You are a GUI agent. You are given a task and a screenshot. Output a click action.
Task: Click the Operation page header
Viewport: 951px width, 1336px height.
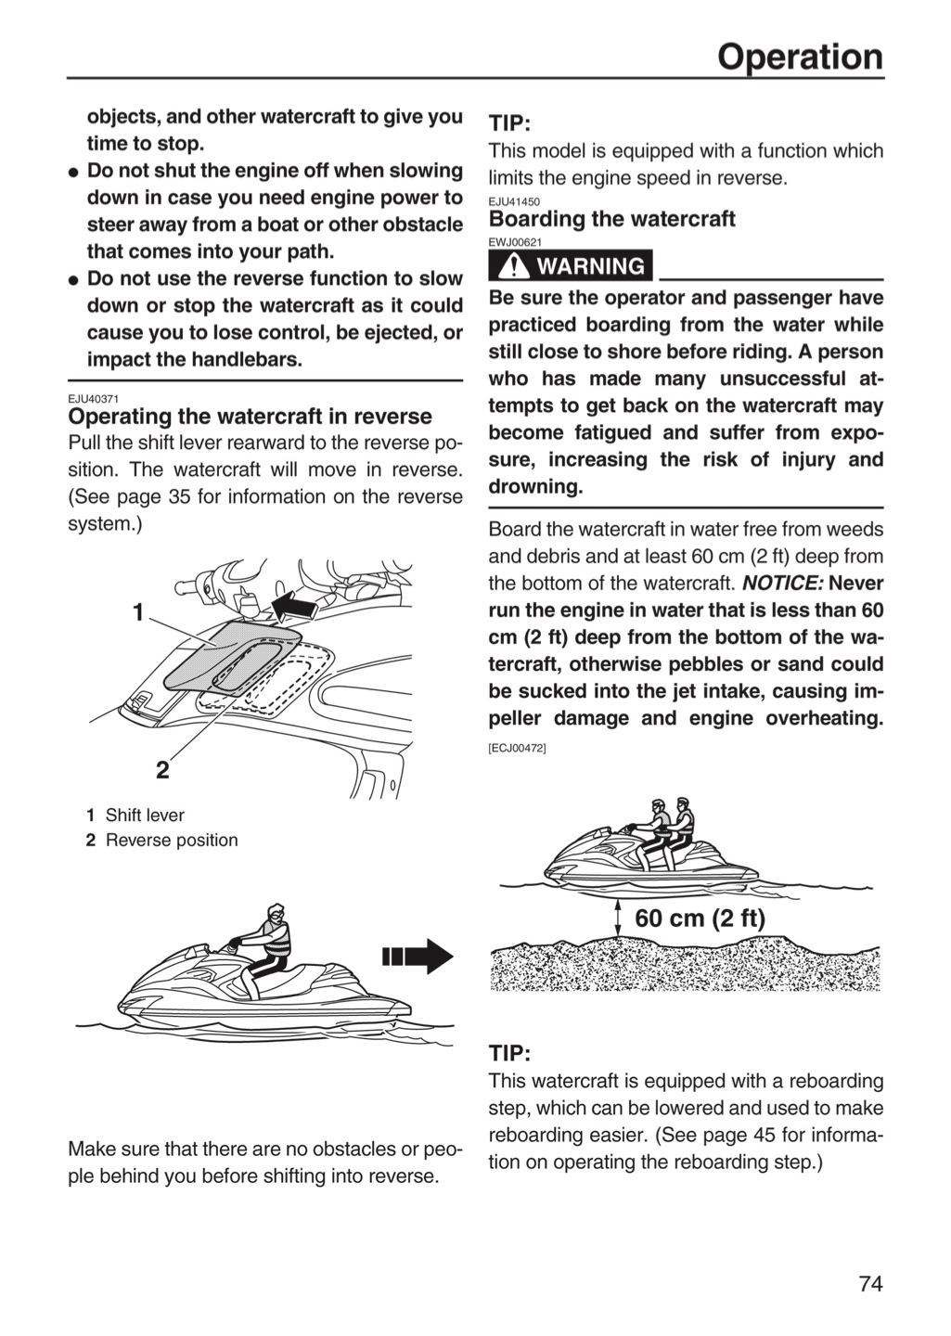coord(800,58)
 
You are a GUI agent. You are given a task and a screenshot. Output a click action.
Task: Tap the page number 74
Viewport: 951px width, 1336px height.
coord(871,1283)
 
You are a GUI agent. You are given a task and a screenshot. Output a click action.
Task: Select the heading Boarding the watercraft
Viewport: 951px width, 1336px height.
coord(611,219)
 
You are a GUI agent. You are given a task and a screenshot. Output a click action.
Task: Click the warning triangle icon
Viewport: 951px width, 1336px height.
coord(510,265)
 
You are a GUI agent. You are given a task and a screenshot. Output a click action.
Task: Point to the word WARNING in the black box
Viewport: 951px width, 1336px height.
coord(591,266)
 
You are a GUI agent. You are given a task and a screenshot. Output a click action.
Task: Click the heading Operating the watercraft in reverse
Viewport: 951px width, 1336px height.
coord(250,416)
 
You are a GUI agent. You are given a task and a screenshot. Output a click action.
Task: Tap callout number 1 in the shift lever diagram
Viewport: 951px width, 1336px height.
coord(138,612)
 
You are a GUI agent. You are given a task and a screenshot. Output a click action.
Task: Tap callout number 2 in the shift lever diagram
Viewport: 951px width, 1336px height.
coord(162,770)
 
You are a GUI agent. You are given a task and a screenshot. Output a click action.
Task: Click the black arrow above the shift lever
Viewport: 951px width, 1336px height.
coord(295,609)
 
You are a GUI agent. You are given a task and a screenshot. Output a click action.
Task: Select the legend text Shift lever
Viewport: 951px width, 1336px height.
coord(145,815)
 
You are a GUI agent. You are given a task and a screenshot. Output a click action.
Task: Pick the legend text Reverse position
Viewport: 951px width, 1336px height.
coord(172,840)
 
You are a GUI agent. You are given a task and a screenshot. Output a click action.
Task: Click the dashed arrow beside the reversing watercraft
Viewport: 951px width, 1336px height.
coord(418,957)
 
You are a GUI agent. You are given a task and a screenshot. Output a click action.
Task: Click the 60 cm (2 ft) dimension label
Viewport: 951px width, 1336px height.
coord(700,918)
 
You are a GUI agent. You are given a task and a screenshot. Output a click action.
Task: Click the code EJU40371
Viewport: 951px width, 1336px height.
coord(93,399)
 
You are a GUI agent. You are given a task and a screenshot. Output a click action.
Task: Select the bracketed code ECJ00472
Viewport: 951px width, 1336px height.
coord(517,748)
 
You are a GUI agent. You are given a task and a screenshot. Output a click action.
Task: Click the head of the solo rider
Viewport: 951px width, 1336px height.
coord(276,913)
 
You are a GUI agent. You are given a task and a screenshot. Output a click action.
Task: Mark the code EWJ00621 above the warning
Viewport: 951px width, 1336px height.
coord(515,242)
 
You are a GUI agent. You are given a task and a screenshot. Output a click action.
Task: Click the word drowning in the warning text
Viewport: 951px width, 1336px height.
coord(535,487)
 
